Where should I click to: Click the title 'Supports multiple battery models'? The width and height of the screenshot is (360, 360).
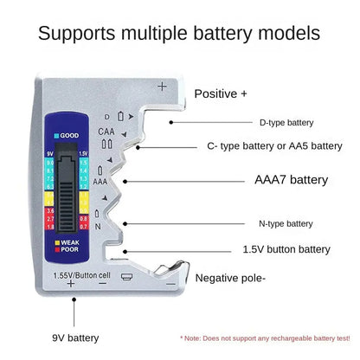179,34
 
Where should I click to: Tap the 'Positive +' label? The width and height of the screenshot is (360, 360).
221,93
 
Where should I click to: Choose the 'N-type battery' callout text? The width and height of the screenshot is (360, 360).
286,223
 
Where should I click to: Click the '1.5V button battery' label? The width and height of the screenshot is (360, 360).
286,249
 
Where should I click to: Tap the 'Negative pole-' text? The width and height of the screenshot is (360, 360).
230,278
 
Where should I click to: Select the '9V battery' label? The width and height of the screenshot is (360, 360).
75,337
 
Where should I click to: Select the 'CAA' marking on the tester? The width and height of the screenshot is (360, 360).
106,132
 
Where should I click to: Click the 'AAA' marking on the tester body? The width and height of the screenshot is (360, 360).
100,183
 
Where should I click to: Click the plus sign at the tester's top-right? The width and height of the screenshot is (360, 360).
162,86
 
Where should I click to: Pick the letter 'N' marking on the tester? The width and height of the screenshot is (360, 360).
99,227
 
